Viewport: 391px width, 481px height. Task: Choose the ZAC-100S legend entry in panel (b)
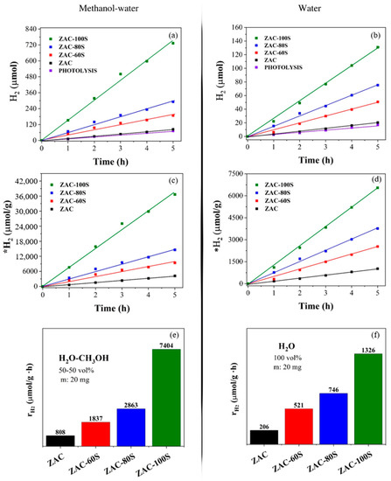pos(280,38)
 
